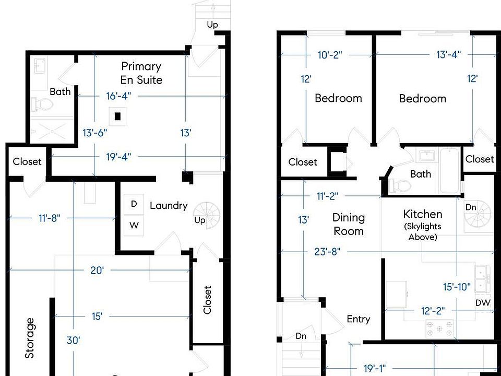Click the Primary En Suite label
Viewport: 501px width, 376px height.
141,73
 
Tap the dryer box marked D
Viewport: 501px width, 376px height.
134,204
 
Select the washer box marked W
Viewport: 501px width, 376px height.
134,226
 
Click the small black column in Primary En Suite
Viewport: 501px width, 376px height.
119,116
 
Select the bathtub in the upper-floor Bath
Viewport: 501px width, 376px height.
449,170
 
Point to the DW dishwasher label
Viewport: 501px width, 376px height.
482,303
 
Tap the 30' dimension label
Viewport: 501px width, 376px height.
74,340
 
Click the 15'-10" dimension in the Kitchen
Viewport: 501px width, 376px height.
457,286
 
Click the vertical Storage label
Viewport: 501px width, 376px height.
30,338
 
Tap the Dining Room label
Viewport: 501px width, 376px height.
349,224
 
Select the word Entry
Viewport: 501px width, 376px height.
359,319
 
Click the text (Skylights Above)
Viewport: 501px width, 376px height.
423,231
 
